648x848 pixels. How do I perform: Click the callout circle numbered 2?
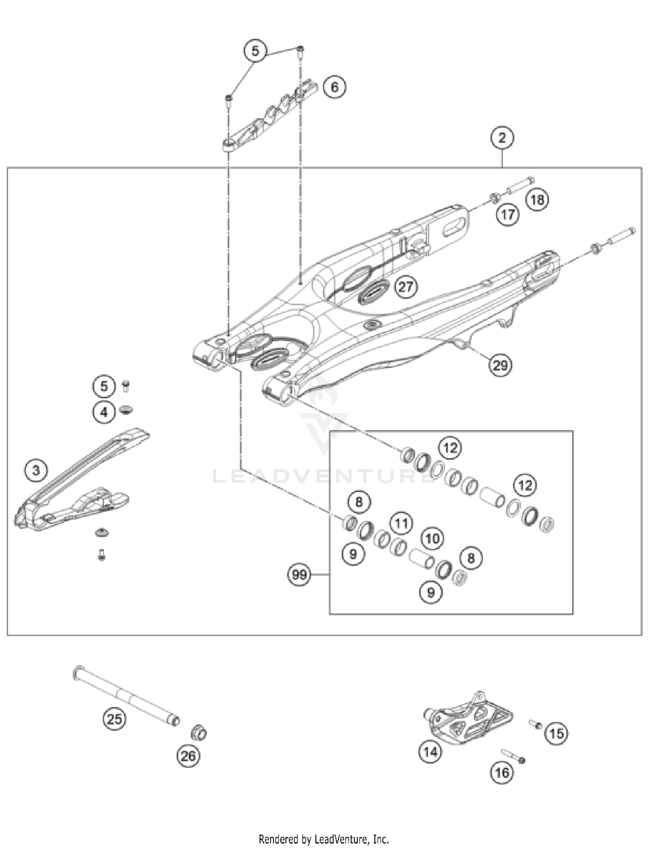pos(502,138)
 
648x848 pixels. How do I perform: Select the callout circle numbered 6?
pos(334,87)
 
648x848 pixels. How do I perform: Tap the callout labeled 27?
pos(406,287)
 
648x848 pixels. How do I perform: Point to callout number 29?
pos(500,365)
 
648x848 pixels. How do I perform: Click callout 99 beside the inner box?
pos(299,575)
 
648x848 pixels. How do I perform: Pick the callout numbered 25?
pos(114,719)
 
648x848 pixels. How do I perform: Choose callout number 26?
pos(188,756)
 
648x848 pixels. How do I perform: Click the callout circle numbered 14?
pos(430,752)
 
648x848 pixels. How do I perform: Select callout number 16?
pos(502,772)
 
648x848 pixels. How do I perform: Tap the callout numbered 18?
pos(537,200)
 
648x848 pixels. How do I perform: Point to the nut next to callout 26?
pos(199,733)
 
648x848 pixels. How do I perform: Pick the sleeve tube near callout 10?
pos(422,558)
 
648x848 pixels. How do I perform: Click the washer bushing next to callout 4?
pos(126,409)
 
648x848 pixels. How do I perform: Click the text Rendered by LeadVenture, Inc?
pos(324,839)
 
